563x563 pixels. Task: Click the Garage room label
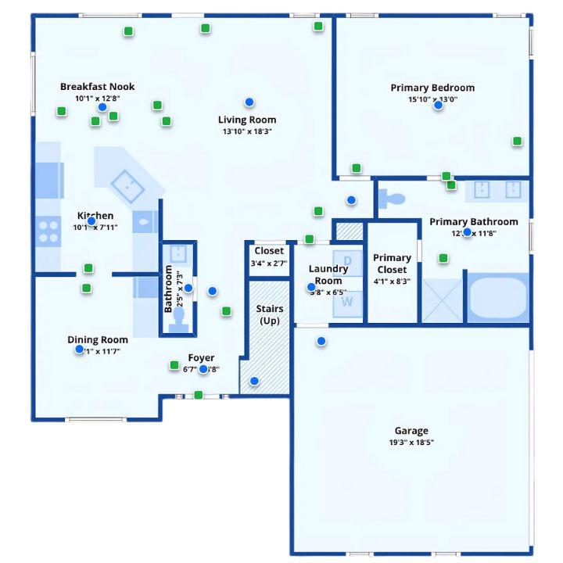411,431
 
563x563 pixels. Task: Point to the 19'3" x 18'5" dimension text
411,443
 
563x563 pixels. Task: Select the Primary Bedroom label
432,88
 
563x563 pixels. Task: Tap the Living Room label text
246,120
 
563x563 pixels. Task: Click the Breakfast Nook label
97,87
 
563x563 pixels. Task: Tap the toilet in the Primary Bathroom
390,199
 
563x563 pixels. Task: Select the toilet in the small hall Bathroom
179,319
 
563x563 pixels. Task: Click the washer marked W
347,302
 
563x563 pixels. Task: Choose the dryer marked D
348,260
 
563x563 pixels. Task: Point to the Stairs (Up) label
270,314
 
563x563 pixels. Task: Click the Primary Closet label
392,264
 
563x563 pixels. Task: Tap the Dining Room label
98,339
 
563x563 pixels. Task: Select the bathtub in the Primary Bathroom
498,297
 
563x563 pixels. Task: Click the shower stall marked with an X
442,299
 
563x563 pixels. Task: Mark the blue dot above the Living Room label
249,102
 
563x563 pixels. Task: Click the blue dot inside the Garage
321,341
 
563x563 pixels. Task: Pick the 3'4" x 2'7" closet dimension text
269,264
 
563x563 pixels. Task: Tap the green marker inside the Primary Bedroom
517,141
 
